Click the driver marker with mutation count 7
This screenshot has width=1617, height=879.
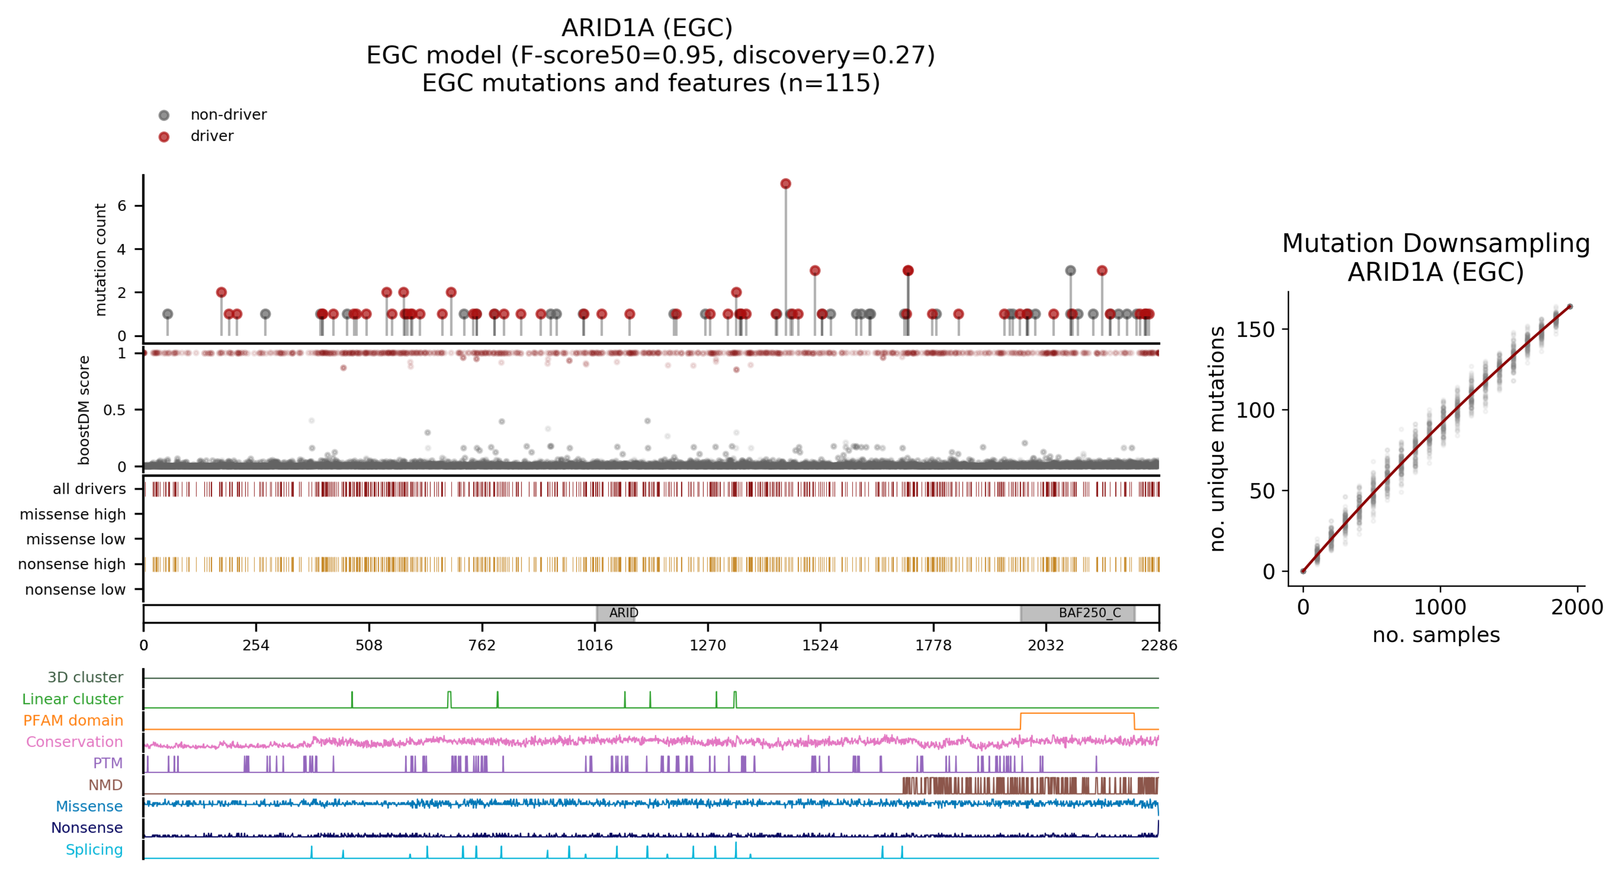785,184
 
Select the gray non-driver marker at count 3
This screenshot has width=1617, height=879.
1070,271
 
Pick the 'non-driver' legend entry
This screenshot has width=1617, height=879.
228,115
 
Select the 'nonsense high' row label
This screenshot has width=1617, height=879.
72,565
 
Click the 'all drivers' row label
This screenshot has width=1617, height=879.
89,489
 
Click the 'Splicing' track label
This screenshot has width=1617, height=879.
94,850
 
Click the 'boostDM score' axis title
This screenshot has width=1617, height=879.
84,410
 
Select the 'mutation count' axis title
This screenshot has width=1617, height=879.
100,259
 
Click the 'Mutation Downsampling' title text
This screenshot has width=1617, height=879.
1435,243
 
